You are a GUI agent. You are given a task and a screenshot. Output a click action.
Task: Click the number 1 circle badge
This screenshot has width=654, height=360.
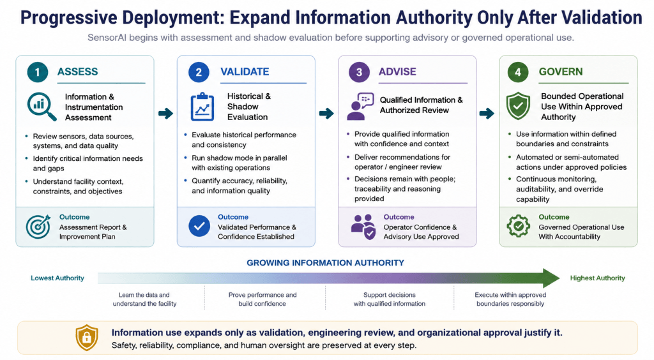coord(38,72)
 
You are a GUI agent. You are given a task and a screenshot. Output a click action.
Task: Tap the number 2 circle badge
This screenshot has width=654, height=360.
coord(199,72)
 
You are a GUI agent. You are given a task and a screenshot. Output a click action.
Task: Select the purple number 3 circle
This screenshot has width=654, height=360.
coord(359,72)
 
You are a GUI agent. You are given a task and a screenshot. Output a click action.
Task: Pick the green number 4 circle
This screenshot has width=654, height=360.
coord(518,72)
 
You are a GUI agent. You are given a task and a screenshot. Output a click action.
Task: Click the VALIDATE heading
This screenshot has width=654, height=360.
coord(245,71)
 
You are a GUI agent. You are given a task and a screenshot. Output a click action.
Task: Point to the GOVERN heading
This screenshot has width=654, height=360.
coord(561,71)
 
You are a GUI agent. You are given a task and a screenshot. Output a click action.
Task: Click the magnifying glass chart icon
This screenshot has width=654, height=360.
coord(42,106)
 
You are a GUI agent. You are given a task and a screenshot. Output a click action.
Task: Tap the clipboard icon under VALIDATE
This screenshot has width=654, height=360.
coord(202,107)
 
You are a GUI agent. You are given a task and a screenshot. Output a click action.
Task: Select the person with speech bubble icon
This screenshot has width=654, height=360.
coord(360,106)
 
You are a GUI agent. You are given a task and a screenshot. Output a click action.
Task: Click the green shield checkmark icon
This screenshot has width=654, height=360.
coord(518,106)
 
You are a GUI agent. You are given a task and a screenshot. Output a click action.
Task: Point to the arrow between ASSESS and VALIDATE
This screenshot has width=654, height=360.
coord(165,113)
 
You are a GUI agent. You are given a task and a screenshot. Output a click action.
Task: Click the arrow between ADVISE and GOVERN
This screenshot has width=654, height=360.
coord(487,113)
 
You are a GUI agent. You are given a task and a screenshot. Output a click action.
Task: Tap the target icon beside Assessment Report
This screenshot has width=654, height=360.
coord(38,227)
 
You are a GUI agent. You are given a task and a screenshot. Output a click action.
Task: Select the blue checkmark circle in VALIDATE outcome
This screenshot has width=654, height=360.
coord(199,226)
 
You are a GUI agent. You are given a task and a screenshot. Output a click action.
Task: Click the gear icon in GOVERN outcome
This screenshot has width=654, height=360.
coord(519,226)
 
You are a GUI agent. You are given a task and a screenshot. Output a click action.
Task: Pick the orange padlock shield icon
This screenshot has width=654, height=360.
coord(87,338)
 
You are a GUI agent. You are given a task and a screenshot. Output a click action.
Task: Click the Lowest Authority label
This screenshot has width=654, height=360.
coord(57,278)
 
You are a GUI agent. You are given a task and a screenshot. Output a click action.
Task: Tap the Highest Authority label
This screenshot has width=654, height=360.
coord(597,278)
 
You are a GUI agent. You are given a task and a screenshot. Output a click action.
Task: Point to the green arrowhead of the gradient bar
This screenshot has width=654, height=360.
coord(551,278)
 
